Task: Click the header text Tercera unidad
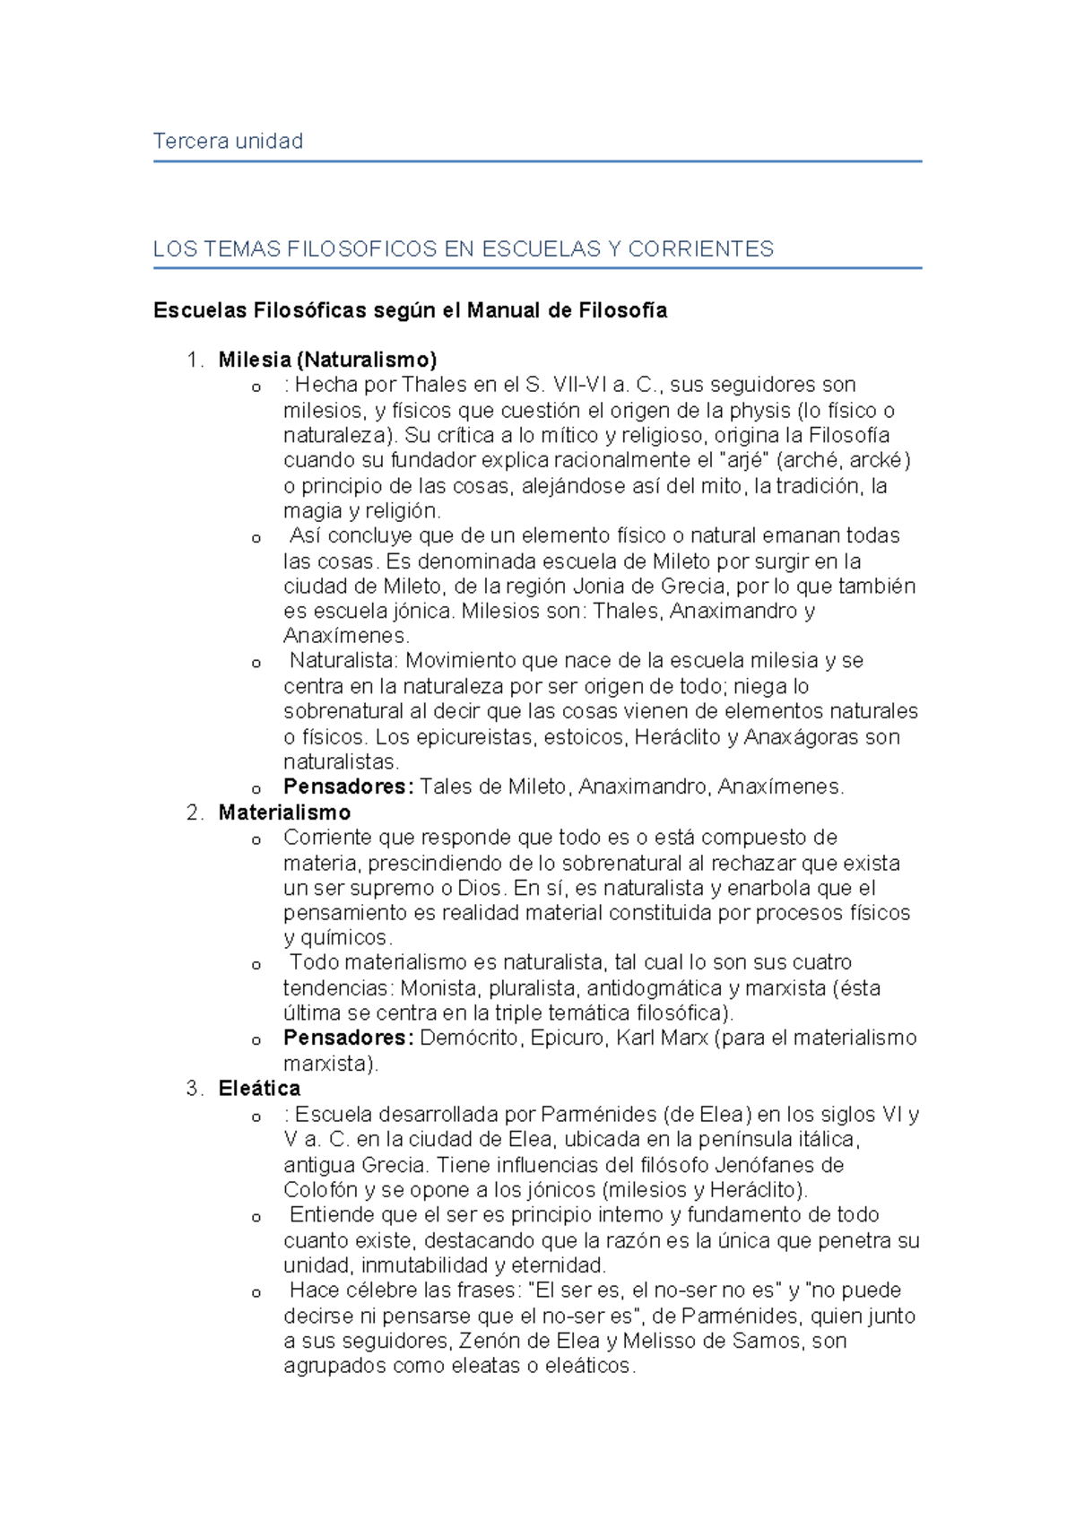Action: tap(228, 141)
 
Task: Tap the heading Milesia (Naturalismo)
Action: tap(327, 360)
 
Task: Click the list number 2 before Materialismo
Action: tap(194, 813)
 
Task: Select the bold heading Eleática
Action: tap(259, 1089)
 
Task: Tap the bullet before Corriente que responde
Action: tap(256, 840)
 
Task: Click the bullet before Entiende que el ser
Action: tap(256, 1218)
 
